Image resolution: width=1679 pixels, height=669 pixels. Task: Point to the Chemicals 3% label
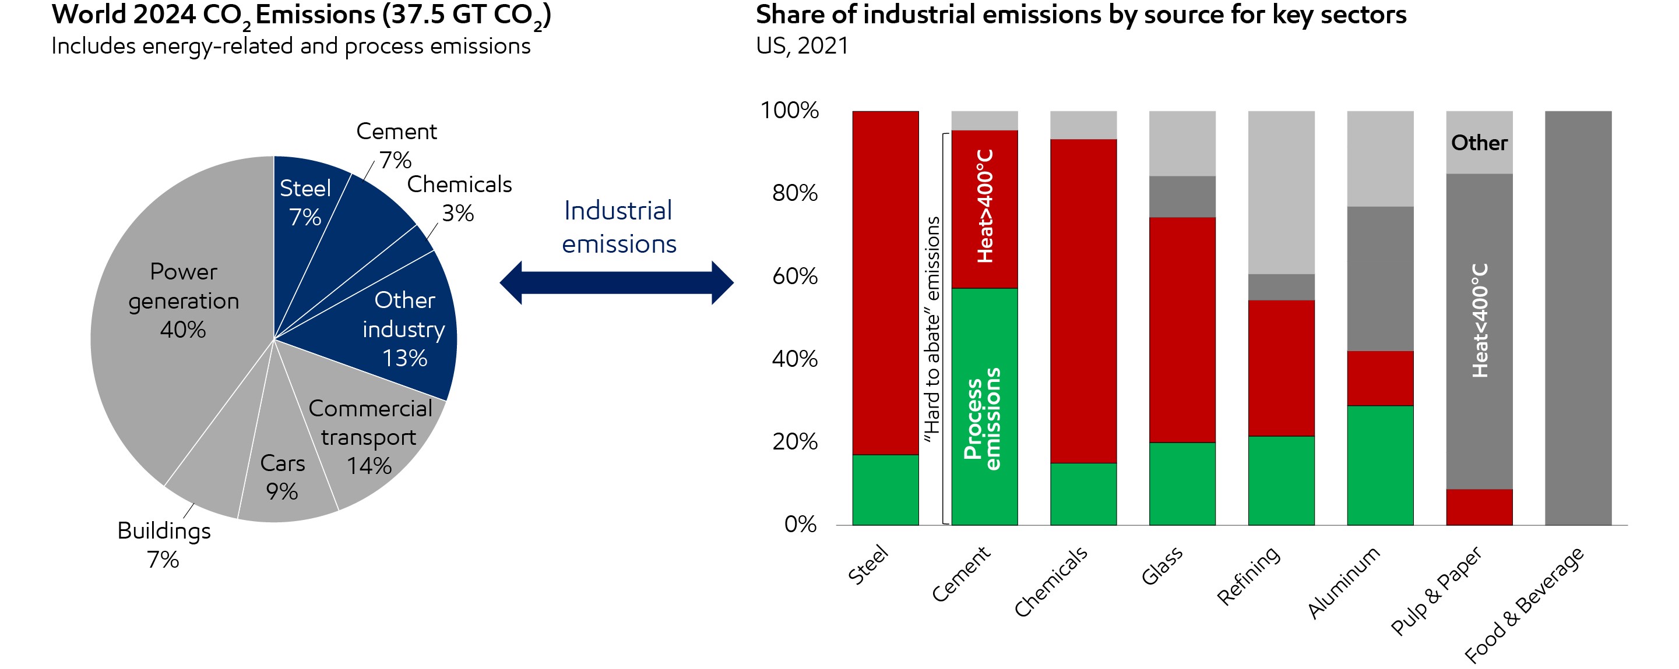click(459, 198)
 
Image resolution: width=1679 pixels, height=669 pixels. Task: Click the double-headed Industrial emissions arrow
click(617, 283)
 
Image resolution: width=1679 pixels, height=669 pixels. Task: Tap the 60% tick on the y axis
click(794, 275)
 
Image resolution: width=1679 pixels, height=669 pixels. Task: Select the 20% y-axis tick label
click(794, 441)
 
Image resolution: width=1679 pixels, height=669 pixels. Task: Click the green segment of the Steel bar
click(885, 489)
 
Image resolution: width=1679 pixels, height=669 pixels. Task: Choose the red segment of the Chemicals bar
click(1083, 300)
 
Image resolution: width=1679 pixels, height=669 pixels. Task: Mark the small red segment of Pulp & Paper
click(1479, 507)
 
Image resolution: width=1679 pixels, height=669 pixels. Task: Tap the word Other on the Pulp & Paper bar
click(1479, 143)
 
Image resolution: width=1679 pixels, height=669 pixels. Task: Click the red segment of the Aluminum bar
click(1380, 378)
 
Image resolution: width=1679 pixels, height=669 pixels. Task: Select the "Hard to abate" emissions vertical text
click(932, 329)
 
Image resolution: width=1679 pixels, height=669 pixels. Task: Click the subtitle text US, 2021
click(802, 45)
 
